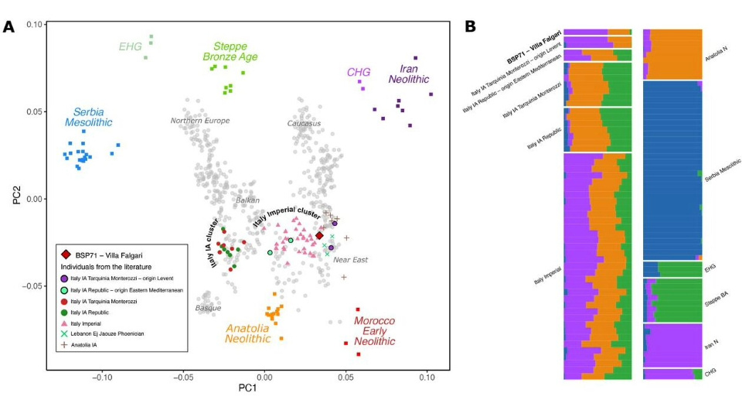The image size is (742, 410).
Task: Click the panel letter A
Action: click(x=9, y=26)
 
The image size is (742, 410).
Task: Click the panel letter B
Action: click(x=470, y=26)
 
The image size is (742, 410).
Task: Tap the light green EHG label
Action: click(x=130, y=47)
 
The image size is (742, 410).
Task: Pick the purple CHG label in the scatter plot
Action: click(x=359, y=73)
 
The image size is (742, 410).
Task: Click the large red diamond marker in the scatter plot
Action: click(x=319, y=235)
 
